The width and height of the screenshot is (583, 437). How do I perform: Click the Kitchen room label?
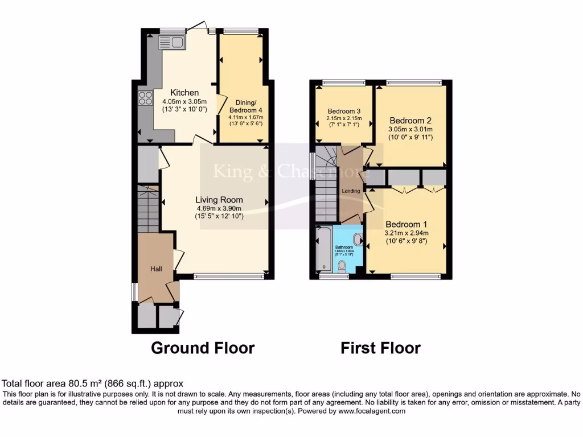(185, 92)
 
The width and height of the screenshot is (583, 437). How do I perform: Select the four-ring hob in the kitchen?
(145, 98)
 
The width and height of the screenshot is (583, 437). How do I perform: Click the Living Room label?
(219, 200)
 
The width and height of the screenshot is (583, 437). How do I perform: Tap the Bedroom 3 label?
(343, 111)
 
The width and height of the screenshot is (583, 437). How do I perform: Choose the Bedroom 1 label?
(407, 224)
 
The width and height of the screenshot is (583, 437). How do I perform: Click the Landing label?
(351, 191)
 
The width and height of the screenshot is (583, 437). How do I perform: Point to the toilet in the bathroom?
(342, 266)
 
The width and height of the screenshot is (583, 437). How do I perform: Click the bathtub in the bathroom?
(324, 249)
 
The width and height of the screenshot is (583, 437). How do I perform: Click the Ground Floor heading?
(202, 348)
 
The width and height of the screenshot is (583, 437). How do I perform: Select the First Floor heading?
(380, 348)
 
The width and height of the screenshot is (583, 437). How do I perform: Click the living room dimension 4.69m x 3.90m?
(219, 208)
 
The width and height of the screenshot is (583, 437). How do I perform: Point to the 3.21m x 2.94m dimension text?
(407, 233)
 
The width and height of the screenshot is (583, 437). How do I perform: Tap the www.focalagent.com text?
(372, 411)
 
